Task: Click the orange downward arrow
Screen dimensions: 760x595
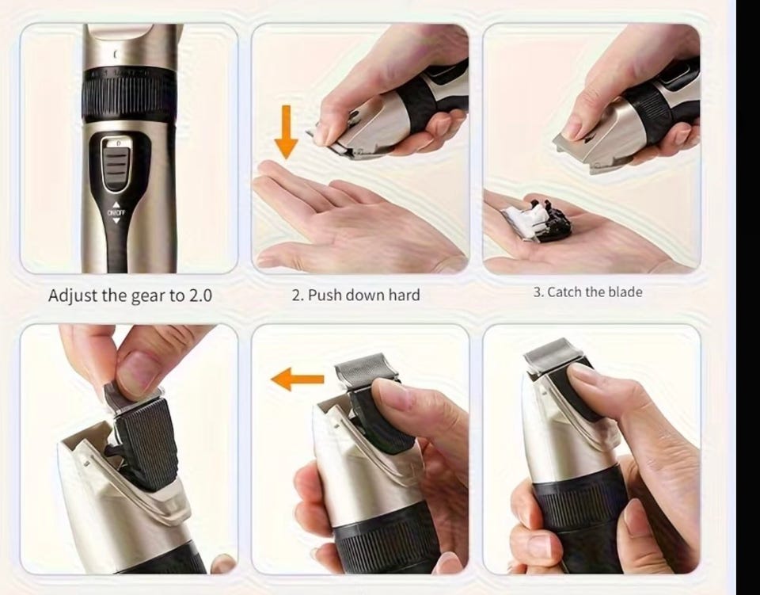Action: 286,132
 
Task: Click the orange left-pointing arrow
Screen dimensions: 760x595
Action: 297,379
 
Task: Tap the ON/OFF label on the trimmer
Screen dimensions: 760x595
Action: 116,213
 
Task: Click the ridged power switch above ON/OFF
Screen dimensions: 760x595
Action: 116,163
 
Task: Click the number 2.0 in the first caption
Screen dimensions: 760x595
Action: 200,296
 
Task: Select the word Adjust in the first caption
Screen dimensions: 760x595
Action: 73,296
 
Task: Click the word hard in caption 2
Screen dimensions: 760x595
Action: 404,295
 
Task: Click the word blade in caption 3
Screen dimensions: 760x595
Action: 625,292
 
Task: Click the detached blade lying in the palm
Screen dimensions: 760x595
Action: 537,221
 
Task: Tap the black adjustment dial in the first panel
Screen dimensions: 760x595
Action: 128,94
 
